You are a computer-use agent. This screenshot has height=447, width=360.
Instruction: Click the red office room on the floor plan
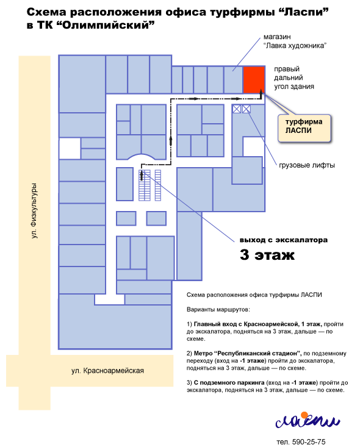[x=254, y=79]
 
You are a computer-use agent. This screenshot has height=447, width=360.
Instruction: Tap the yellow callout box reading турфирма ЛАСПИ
[x=304, y=128]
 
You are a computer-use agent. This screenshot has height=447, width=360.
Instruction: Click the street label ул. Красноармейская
[x=107, y=371]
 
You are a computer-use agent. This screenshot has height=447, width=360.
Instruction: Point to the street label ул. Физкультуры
[x=34, y=210]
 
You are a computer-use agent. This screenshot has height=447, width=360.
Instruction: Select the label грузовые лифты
[x=307, y=165]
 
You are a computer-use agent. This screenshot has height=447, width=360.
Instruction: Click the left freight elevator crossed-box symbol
[x=237, y=109]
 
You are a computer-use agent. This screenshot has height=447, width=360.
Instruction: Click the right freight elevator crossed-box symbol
[x=246, y=109]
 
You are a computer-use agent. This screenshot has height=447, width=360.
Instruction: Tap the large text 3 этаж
[x=267, y=254]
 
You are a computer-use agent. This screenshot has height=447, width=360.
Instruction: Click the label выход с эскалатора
[x=284, y=240]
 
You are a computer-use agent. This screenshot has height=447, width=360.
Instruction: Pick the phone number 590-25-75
[x=309, y=442]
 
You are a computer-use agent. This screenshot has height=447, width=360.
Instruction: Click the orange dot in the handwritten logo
[x=304, y=415]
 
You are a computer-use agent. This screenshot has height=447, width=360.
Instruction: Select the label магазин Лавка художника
[x=295, y=41]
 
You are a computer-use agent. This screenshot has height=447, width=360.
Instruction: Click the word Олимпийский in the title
[x=106, y=26]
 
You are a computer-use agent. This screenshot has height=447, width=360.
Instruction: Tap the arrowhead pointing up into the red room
[x=261, y=92]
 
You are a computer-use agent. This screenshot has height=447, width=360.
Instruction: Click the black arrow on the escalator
[x=142, y=175]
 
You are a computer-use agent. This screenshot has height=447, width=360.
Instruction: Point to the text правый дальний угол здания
[x=294, y=77]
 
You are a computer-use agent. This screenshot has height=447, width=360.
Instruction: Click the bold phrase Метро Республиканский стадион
[x=247, y=353]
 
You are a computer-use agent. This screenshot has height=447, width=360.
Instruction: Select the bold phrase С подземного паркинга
[x=229, y=382]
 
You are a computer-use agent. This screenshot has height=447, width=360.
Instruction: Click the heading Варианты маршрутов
[x=218, y=309]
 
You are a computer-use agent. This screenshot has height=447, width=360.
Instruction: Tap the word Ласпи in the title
[x=303, y=12]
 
